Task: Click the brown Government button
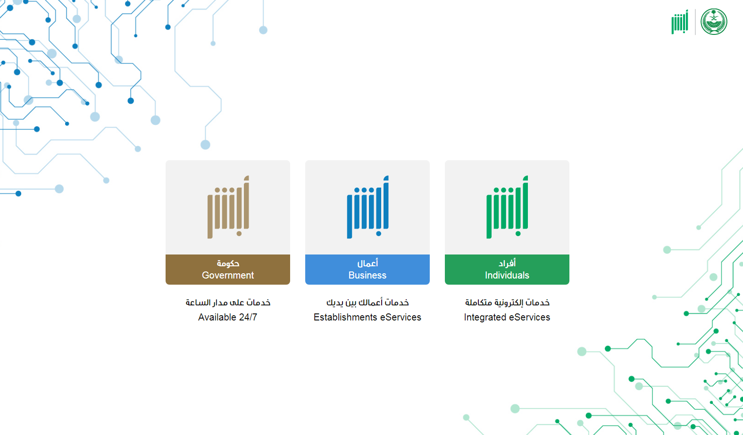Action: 228,270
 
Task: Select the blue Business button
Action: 367,270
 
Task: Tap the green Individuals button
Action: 507,270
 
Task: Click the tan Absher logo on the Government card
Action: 228,207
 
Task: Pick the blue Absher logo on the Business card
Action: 368,207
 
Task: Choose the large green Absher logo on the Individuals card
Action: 508,207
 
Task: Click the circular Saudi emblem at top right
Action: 714,22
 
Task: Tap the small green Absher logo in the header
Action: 680,22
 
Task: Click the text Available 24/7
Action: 228,317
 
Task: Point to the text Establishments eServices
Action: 367,317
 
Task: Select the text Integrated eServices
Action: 507,317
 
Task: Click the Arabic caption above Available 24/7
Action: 228,303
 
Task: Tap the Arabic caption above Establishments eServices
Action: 367,303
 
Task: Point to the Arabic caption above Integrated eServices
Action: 507,303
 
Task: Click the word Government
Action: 228,275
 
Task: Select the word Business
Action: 367,275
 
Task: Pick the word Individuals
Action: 507,275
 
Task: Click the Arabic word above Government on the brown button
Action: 228,263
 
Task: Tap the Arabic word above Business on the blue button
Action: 367,263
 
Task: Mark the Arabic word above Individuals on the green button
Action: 507,263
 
